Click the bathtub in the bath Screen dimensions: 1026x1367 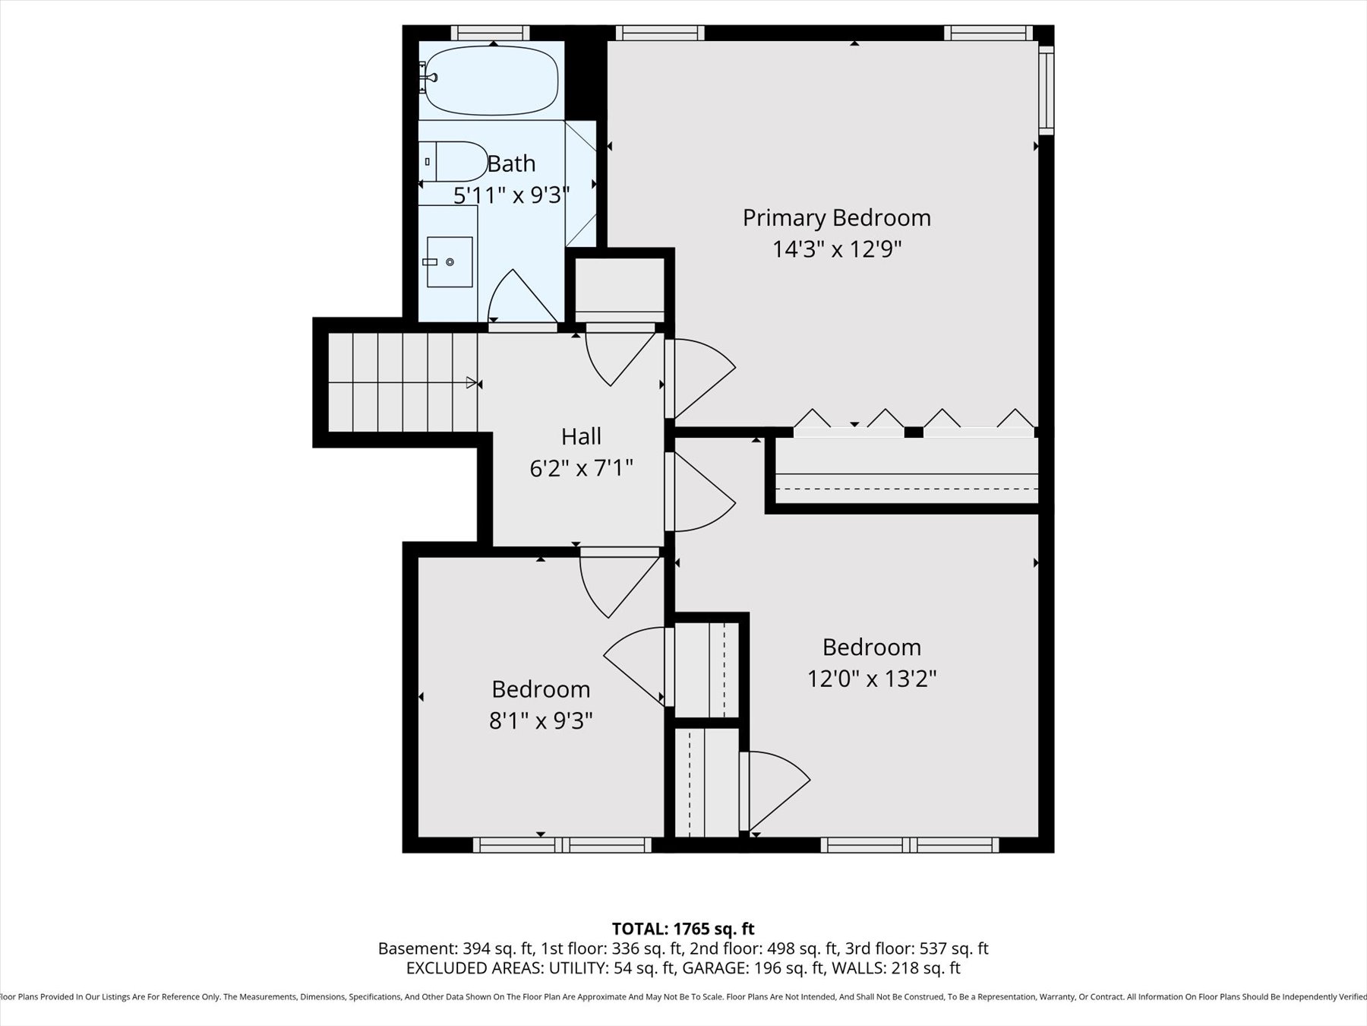[x=492, y=81]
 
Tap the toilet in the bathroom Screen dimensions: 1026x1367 [x=454, y=161]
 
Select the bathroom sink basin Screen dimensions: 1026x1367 [x=449, y=262]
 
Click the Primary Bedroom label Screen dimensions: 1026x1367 [x=836, y=218]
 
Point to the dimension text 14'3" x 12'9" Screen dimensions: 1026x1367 [x=836, y=249]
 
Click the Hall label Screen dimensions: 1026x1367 [x=581, y=436]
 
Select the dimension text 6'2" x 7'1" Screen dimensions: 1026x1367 [x=581, y=468]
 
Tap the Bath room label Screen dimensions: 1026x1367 [x=511, y=163]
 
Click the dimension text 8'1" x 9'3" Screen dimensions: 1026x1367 [x=540, y=720]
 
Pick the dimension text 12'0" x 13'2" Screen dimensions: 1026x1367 [x=871, y=678]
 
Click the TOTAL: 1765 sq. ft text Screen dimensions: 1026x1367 [x=683, y=929]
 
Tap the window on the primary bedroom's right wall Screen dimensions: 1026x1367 [x=1046, y=90]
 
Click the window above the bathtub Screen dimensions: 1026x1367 [x=490, y=33]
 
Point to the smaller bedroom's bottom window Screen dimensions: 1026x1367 [x=562, y=844]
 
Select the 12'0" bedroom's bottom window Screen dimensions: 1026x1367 [x=910, y=844]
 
